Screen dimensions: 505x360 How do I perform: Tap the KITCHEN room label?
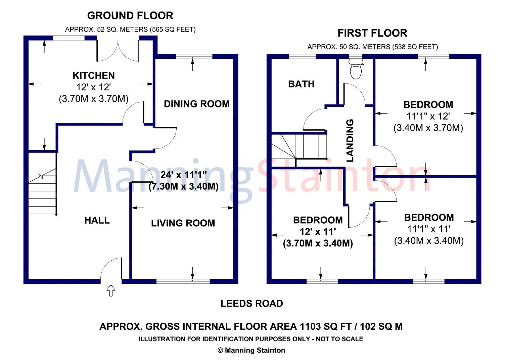coord(94,76)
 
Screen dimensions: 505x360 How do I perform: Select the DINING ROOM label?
coord(196,104)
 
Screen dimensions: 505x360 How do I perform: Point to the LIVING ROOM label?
coord(183,223)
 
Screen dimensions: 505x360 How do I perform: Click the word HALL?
coord(97,220)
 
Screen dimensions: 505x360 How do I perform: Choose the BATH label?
coord(301,84)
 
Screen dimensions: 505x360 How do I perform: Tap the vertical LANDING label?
coord(350,140)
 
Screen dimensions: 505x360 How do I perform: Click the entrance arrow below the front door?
coord(111,291)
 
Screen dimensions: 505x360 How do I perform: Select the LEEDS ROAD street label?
coord(251,304)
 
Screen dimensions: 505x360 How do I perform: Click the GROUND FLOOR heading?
coord(130,16)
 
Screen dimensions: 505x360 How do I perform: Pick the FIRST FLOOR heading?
coord(372,33)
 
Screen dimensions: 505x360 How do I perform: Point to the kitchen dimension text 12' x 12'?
coord(94,87)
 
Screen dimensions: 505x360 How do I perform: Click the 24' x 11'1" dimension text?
coord(184,175)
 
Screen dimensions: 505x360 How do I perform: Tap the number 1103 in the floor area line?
coord(310,326)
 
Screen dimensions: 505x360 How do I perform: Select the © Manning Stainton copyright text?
coord(251,350)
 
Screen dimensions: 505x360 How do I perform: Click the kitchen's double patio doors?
coord(118,51)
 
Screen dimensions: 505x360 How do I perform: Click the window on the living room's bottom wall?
coord(183,281)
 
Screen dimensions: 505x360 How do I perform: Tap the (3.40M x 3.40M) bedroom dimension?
coord(429,241)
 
